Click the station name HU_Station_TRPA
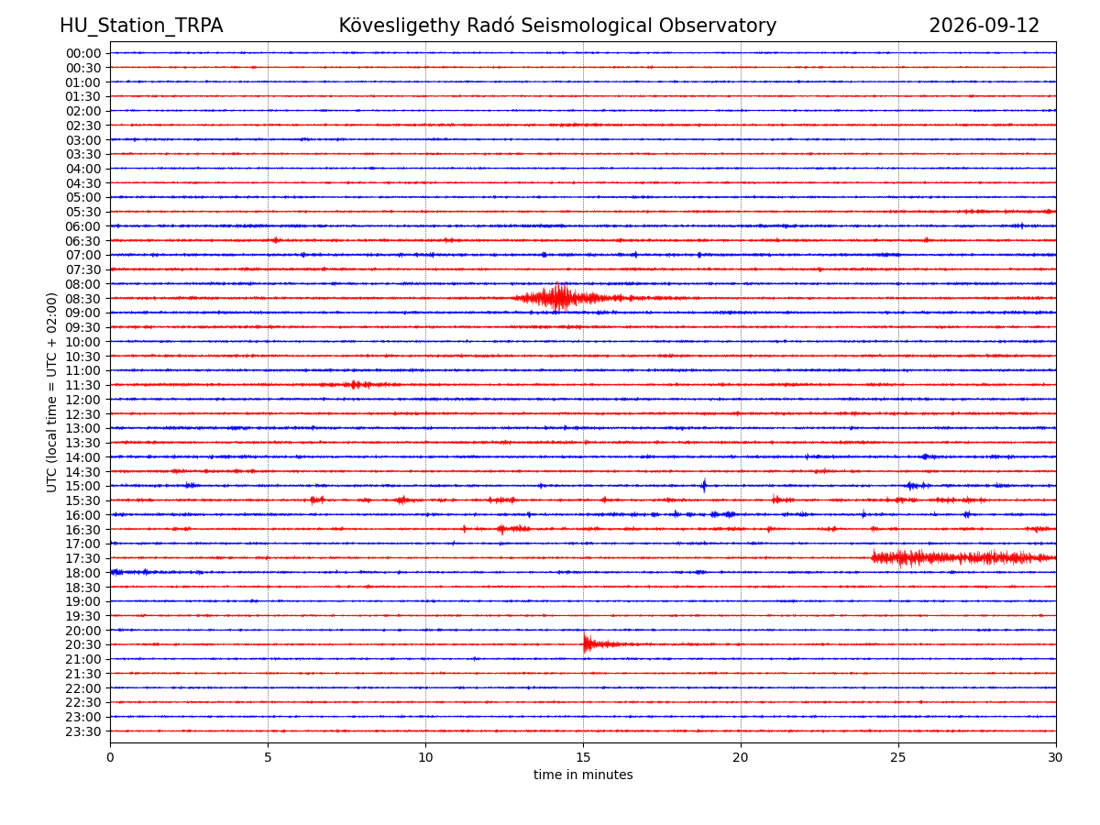point(141,26)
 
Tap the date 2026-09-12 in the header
point(984,26)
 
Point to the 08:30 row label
point(82,299)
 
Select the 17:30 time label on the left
point(82,558)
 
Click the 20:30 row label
point(82,644)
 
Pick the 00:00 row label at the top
point(82,53)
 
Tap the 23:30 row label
point(82,731)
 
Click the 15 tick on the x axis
point(583,757)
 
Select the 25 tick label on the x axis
point(898,757)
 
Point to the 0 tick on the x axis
point(110,757)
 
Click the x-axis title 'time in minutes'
point(583,775)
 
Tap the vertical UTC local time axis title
point(51,392)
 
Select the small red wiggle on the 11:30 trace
point(355,385)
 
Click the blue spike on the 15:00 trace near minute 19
point(704,486)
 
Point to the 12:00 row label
point(82,400)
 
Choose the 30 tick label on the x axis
point(1055,757)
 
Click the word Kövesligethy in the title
point(400,26)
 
